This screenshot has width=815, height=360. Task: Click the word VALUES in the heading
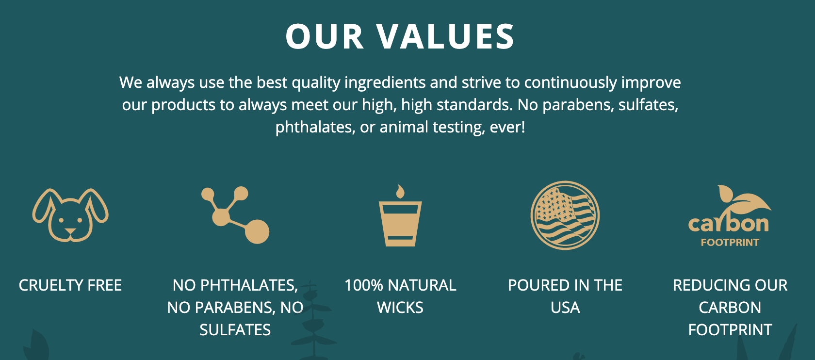click(x=445, y=36)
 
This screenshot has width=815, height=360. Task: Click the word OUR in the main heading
click(x=325, y=36)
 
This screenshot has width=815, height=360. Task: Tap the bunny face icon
click(x=70, y=215)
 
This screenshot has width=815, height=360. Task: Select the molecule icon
click(x=235, y=215)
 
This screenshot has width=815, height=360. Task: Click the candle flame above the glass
click(x=400, y=192)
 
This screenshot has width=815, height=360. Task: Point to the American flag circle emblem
click(x=565, y=215)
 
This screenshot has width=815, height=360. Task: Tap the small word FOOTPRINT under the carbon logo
click(x=730, y=243)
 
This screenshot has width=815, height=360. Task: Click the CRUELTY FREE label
click(x=70, y=285)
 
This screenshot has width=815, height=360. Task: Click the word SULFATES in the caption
click(x=235, y=330)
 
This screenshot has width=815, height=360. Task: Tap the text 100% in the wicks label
click(x=363, y=285)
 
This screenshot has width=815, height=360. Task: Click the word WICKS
click(x=400, y=308)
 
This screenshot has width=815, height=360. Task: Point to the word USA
click(x=565, y=308)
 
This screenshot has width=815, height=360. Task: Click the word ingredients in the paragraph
click(x=385, y=83)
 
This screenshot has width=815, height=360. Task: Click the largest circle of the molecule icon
click(x=257, y=231)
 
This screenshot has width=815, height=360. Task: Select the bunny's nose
click(x=70, y=231)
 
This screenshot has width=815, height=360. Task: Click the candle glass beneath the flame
click(x=400, y=224)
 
